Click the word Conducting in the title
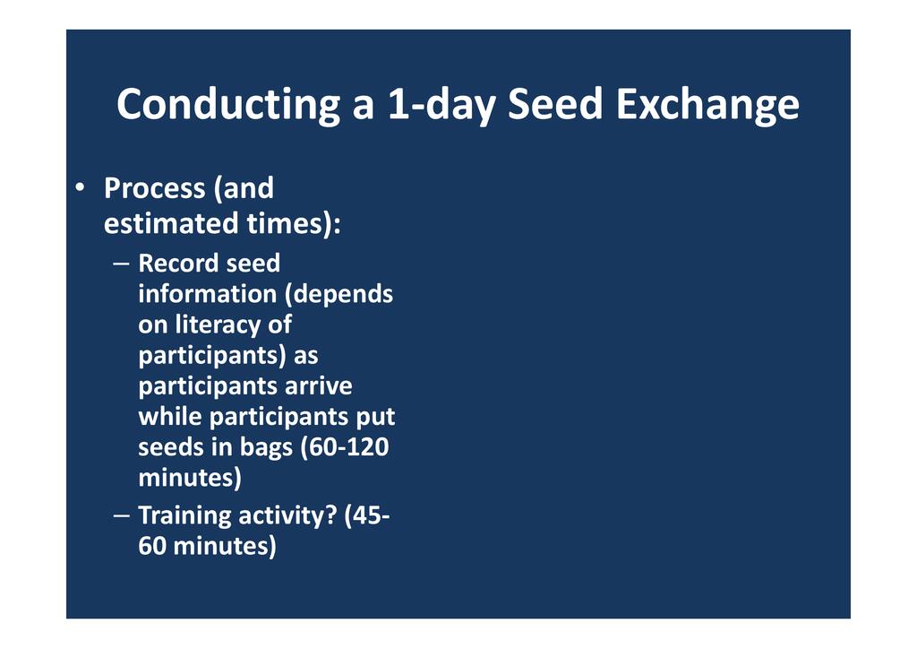click(228, 105)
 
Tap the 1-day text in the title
click(441, 105)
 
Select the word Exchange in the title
click(707, 105)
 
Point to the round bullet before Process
click(80, 188)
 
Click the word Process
click(155, 188)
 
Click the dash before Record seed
click(122, 264)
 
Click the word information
click(208, 294)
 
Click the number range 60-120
click(345, 447)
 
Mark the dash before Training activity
click(122, 516)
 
